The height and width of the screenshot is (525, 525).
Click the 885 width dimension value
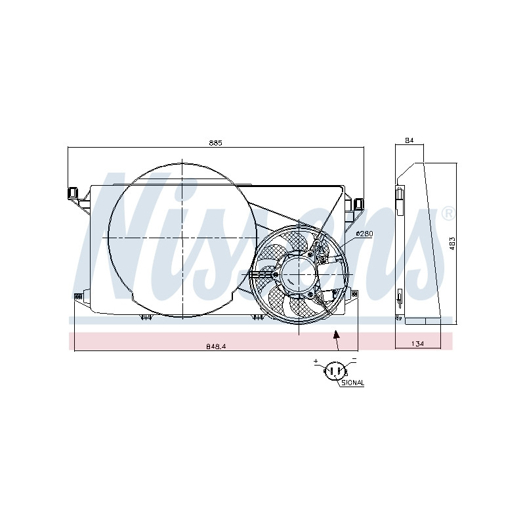[x=215, y=143]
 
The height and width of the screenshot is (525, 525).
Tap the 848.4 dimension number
[x=216, y=346]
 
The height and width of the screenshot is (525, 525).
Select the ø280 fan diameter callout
[x=364, y=234]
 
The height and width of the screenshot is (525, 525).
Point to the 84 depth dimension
[x=409, y=140]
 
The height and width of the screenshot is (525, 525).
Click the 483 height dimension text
[x=452, y=243]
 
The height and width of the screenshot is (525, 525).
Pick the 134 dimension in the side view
[x=418, y=343]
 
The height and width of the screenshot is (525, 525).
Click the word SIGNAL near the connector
[x=353, y=383]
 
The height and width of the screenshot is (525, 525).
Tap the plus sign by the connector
[x=316, y=361]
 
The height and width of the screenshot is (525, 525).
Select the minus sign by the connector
[x=354, y=360]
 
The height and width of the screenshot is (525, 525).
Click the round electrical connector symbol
[x=335, y=371]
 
